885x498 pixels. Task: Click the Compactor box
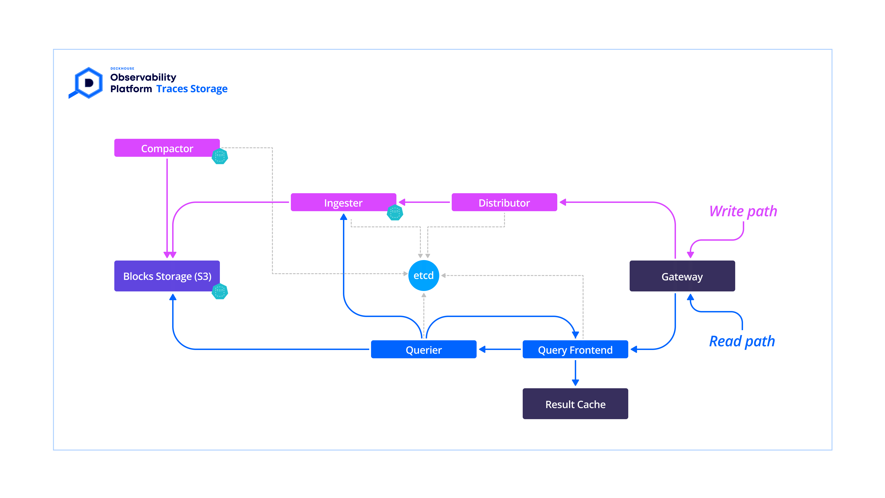[x=167, y=148]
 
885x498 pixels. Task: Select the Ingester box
[x=343, y=202]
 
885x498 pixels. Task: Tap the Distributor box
[x=504, y=202]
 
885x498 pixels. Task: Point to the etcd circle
[x=424, y=275]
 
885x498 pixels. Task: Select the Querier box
[x=424, y=350]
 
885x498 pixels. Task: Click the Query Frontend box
[x=575, y=350]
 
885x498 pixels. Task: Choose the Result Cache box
[x=575, y=404]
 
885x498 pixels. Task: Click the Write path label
[x=743, y=211]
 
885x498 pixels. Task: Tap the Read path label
[x=742, y=341]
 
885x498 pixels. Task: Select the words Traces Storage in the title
[x=192, y=89]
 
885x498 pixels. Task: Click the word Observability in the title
[x=143, y=77]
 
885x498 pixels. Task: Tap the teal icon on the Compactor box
[x=220, y=156]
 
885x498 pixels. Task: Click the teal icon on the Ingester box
[x=395, y=212]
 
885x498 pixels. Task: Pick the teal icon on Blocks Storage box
[x=220, y=291]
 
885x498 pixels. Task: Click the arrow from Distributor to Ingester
[x=424, y=202]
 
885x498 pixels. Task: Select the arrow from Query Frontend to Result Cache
[x=575, y=373]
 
